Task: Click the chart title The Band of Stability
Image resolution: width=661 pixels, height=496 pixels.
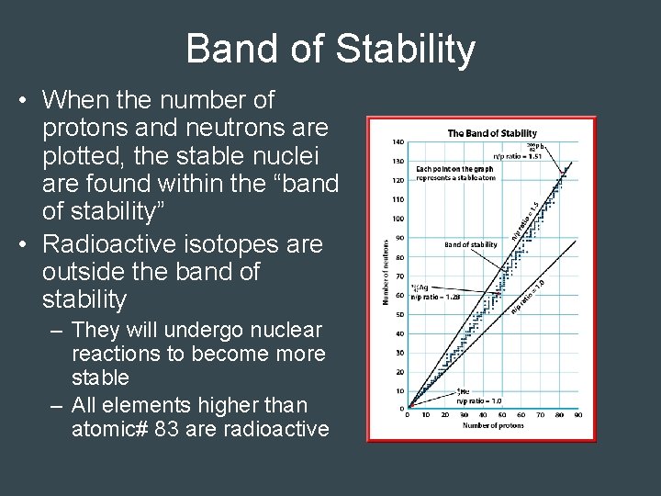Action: tap(492, 133)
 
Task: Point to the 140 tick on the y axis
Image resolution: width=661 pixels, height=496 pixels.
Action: tap(398, 142)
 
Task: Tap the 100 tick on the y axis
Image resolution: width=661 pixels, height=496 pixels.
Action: tap(398, 219)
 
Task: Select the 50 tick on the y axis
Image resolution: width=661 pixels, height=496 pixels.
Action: tap(399, 314)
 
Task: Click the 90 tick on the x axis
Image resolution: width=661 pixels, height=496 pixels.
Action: tap(577, 415)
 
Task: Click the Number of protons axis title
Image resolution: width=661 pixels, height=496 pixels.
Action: tap(492, 425)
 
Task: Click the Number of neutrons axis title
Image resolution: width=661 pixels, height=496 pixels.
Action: tap(386, 272)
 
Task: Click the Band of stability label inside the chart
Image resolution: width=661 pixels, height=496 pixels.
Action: tap(470, 245)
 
